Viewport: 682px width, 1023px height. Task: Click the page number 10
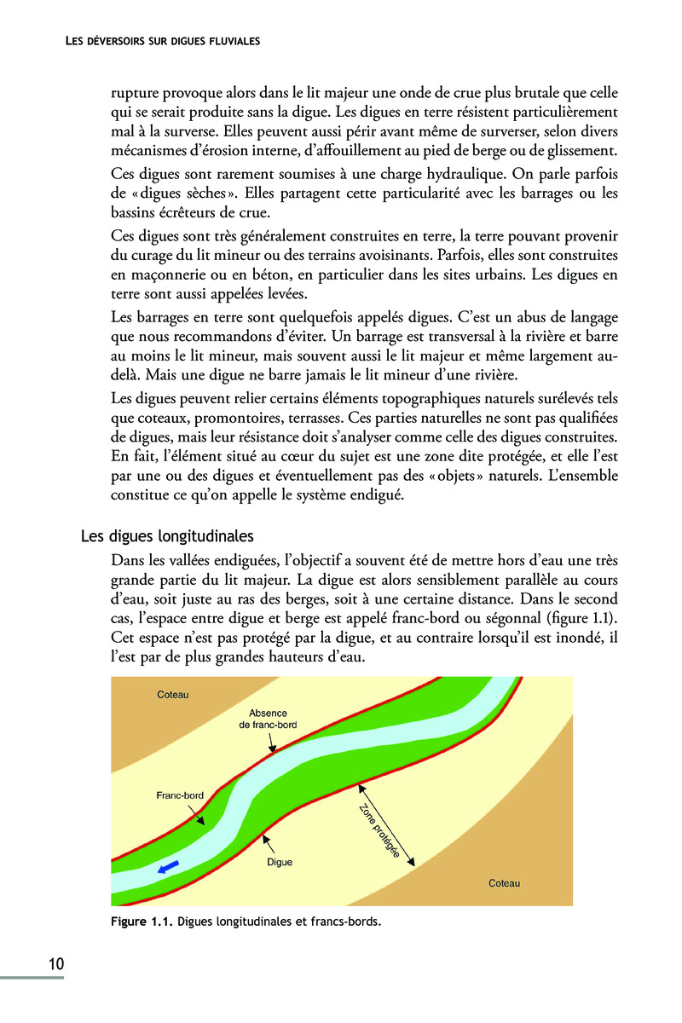(x=55, y=964)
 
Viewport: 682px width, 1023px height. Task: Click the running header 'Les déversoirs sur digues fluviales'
(x=162, y=40)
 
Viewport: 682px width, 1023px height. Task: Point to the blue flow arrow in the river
(x=168, y=867)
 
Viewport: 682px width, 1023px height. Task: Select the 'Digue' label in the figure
(x=280, y=862)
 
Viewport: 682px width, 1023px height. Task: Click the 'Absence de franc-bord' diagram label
(x=268, y=719)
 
